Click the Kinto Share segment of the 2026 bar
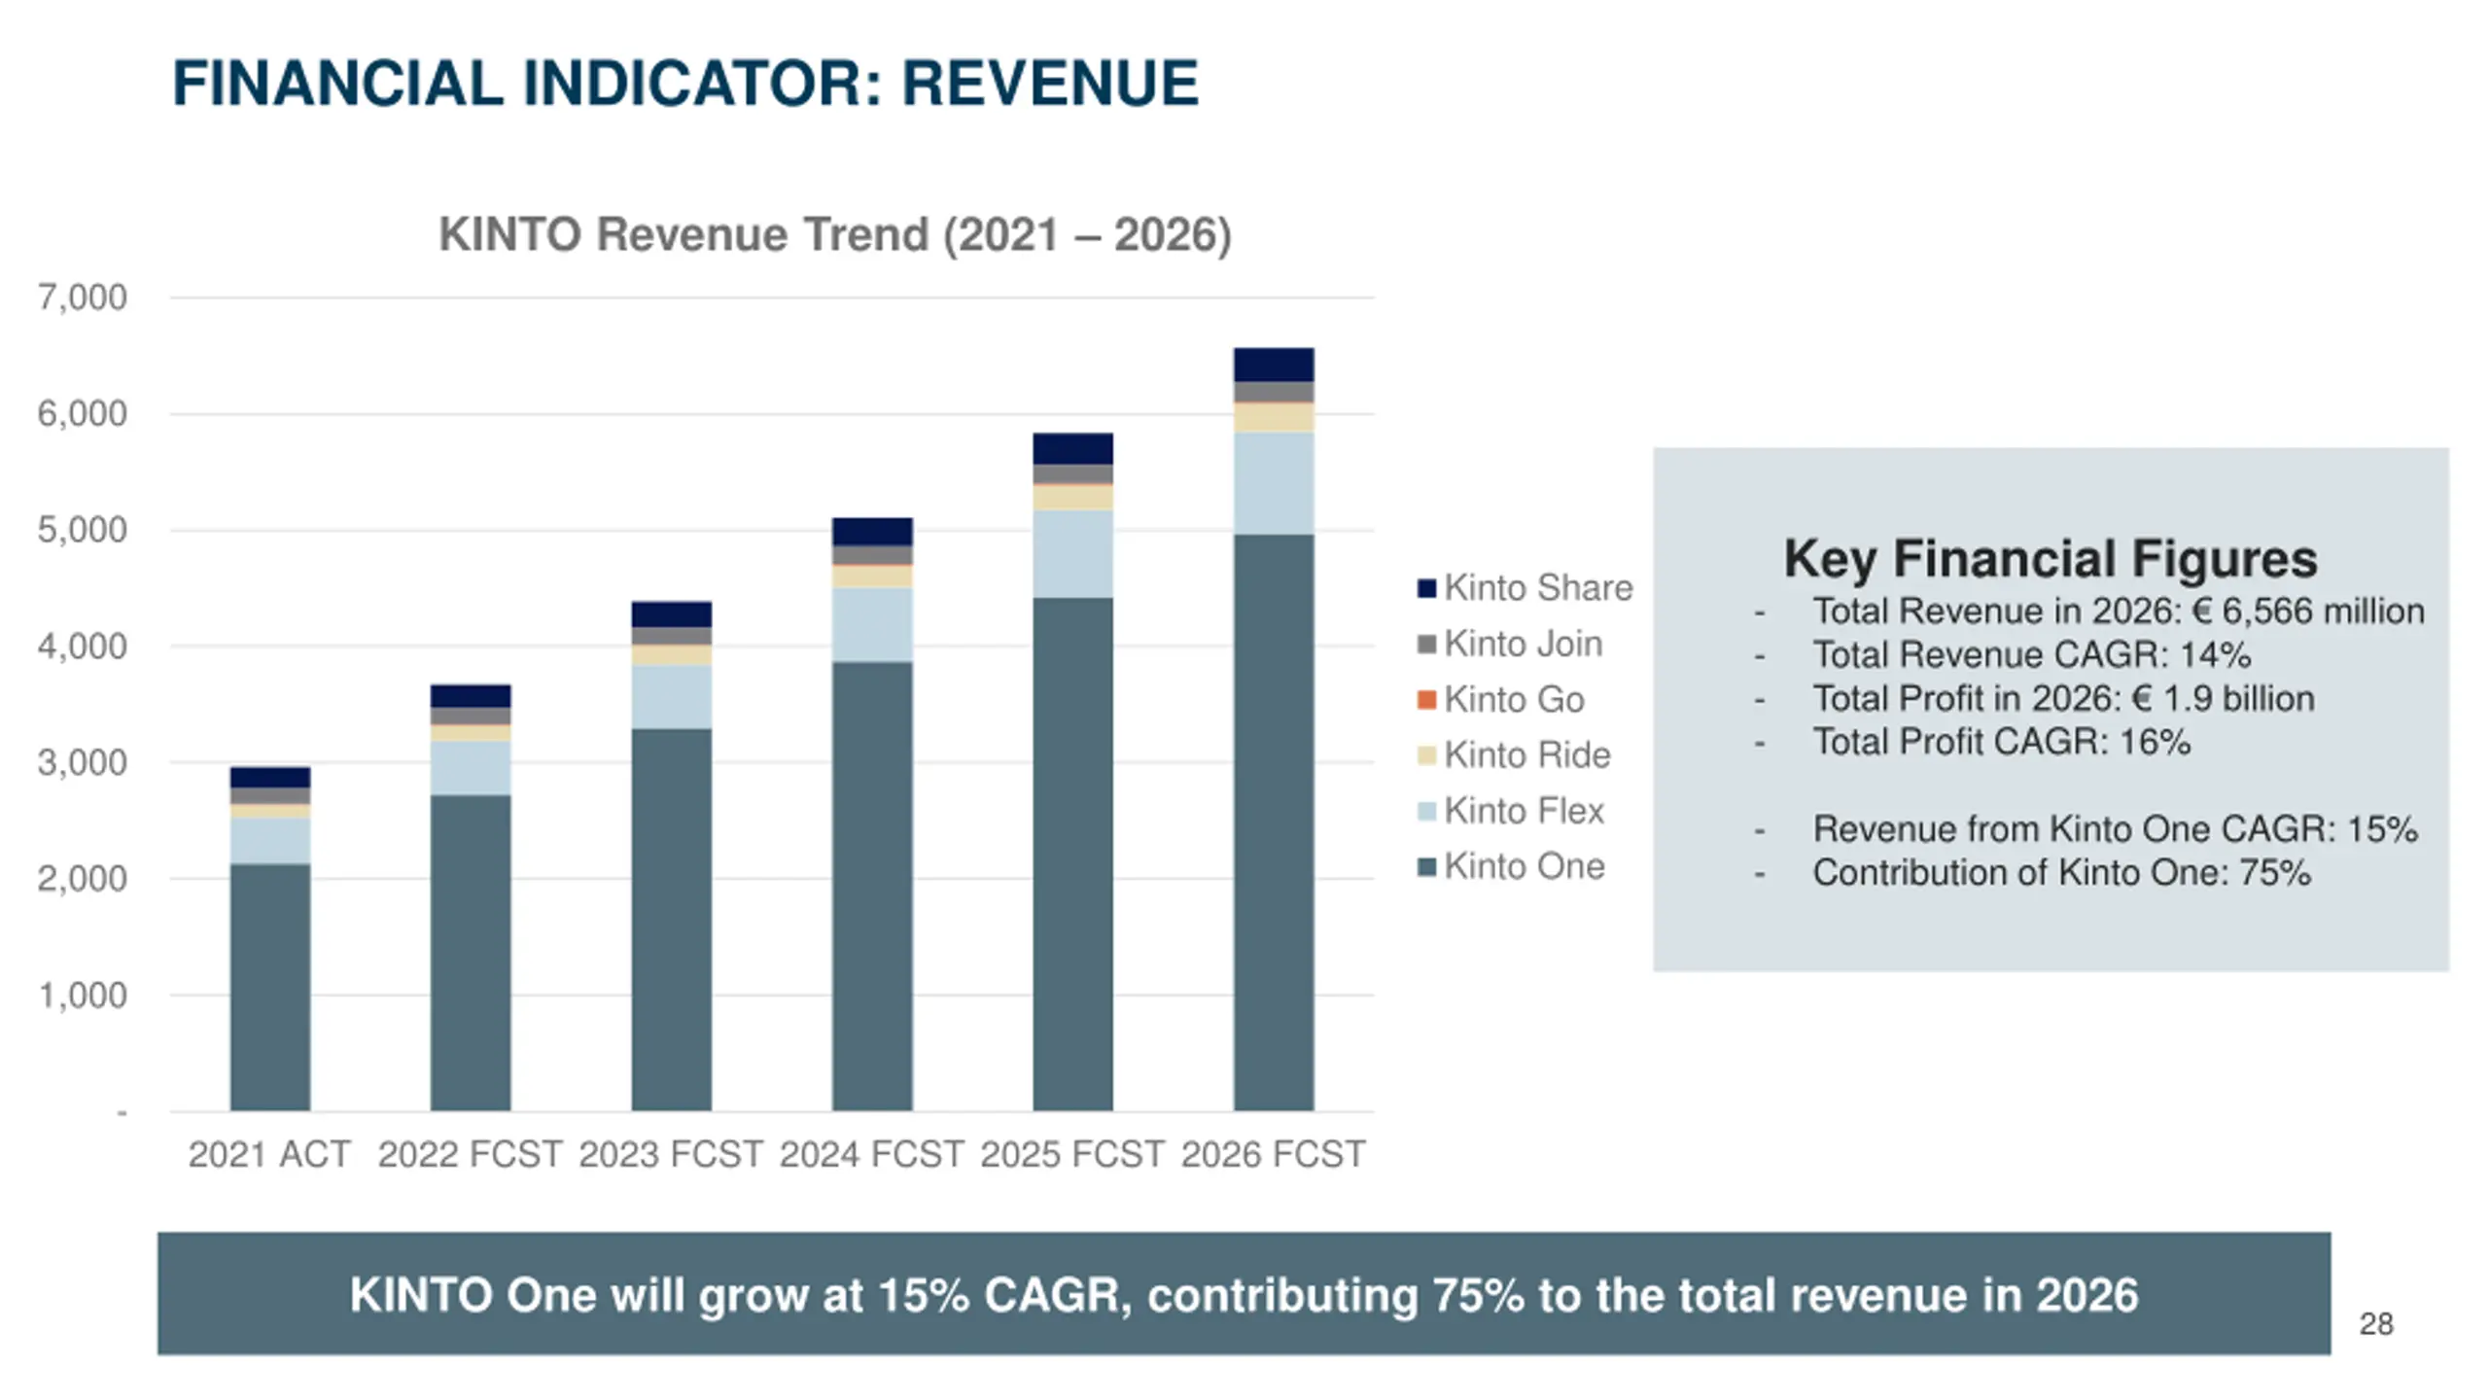(1274, 365)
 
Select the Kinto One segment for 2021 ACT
(270, 987)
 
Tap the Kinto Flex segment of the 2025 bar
(1072, 553)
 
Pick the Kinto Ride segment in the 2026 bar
(1274, 417)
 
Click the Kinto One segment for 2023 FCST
(671, 919)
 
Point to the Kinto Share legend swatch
(1426, 588)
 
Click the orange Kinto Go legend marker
(1426, 700)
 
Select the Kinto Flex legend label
(1524, 811)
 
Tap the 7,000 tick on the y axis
(83, 297)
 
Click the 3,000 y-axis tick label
(83, 763)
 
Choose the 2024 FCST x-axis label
(871, 1154)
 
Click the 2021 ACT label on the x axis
(269, 1154)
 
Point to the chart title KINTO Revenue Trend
(834, 234)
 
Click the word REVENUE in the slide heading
(1050, 84)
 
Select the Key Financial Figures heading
(2050, 559)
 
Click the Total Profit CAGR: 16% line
(2001, 742)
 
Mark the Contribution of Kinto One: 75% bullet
(2061, 873)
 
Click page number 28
(2376, 1324)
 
